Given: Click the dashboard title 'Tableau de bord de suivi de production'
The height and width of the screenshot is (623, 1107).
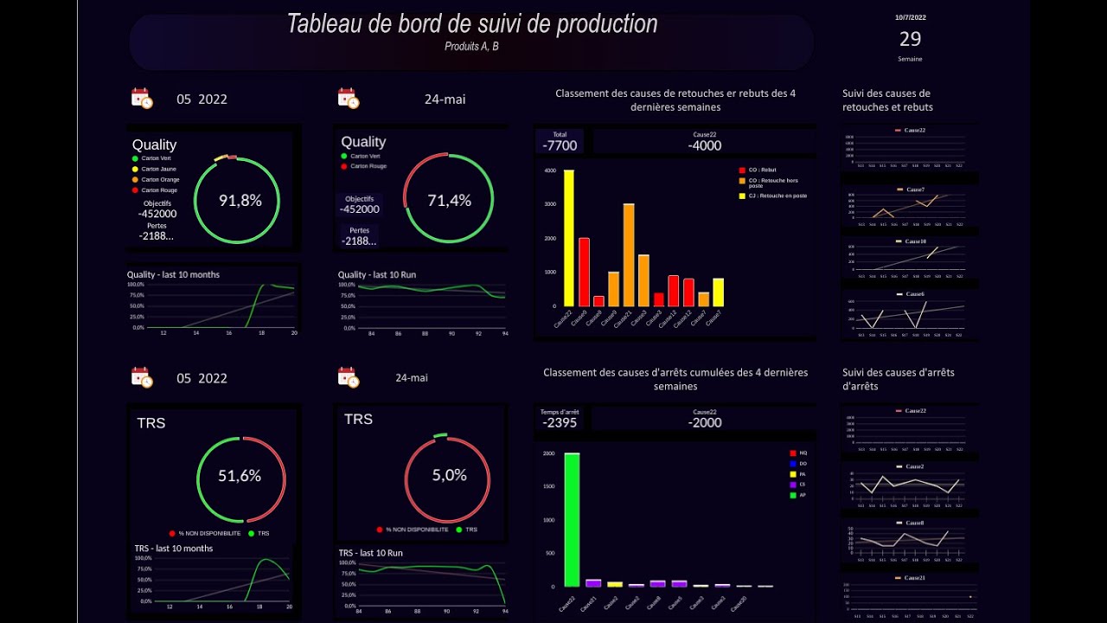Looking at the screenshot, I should point(471,24).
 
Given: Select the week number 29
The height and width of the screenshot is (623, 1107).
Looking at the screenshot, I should point(910,39).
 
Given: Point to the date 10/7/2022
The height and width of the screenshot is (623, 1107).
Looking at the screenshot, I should point(910,17).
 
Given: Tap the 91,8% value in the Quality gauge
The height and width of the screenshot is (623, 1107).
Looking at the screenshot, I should point(240,201).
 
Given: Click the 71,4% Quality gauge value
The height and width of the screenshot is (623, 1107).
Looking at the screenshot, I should point(449,201).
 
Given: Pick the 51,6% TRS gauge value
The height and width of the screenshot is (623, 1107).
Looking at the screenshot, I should point(240,476).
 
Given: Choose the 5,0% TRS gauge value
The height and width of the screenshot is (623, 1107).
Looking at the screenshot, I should point(449,475).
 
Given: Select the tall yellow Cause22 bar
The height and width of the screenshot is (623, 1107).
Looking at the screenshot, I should point(568,238).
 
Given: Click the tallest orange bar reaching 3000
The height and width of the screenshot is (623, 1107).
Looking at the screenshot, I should point(629,254).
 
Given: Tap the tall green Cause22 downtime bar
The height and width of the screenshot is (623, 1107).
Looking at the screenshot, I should point(572,519).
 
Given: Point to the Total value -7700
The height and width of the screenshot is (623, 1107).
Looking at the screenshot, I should point(560,145).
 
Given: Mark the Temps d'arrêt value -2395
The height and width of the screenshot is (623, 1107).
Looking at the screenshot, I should point(560,422).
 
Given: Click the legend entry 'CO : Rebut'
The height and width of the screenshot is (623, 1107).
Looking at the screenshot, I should point(762,170).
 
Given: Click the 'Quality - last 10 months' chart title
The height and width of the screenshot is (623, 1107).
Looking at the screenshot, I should point(173,274).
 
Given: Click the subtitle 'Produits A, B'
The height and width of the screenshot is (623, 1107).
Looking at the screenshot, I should point(471,47).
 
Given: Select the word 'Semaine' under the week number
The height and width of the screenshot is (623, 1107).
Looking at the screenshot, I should point(910,59).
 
